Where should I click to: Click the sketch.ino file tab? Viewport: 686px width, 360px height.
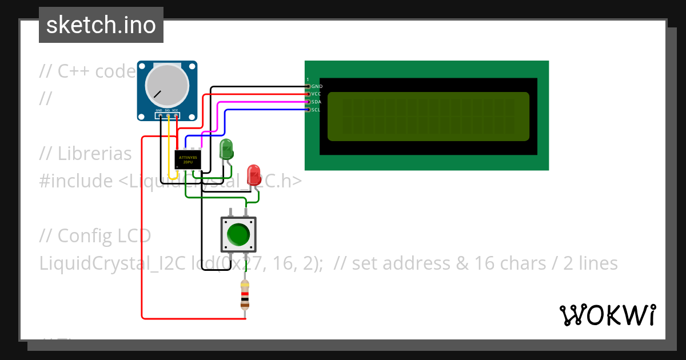pos(101,25)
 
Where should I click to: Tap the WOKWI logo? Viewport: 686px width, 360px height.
pos(607,315)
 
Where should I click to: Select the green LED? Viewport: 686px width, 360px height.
pos(226,150)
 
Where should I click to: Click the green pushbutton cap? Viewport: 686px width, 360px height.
pos(238,234)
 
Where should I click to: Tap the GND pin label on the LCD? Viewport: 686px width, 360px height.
pos(317,86)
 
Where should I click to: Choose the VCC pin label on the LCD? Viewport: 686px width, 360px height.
pos(317,94)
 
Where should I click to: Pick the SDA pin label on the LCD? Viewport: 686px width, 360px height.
pos(317,102)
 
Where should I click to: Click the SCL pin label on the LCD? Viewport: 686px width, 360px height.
pos(316,110)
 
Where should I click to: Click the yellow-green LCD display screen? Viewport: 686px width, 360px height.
pos(428,117)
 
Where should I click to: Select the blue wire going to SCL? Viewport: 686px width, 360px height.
pos(263,110)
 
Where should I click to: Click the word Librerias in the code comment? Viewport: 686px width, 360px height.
pos(94,154)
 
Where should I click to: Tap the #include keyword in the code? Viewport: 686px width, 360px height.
pos(76,181)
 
